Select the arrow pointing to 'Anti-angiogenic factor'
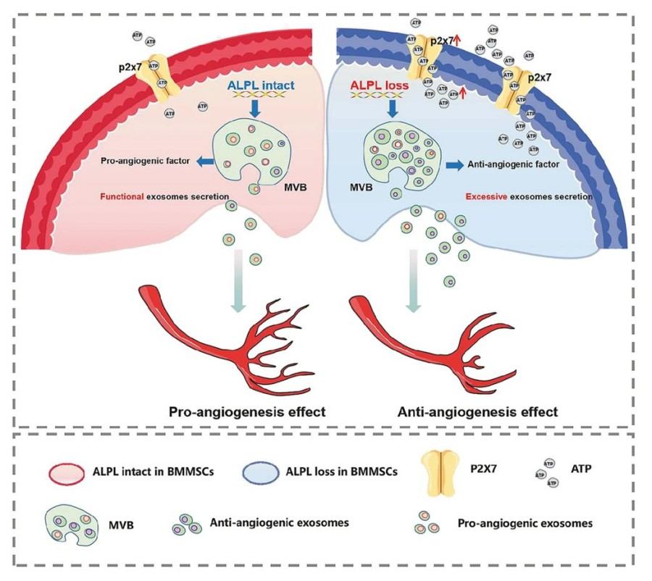(x=454, y=164)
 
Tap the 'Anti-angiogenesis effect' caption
(x=478, y=412)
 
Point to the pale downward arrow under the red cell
(x=235, y=283)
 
